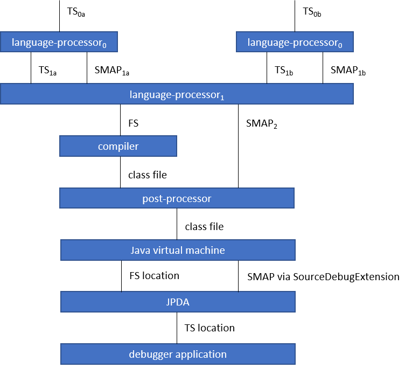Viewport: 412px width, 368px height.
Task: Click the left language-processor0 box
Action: [59, 42]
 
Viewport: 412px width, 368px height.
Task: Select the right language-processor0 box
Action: [295, 42]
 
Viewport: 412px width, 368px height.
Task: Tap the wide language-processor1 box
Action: [177, 94]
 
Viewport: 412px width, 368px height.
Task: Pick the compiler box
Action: [118, 146]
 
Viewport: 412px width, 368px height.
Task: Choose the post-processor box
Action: [177, 198]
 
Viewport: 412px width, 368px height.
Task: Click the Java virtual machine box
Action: [178, 250]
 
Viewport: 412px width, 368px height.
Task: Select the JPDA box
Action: [178, 302]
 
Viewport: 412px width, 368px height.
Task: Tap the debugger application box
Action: [178, 354]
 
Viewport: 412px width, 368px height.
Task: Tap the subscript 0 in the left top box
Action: [104, 45]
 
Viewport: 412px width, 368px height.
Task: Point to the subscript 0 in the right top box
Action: [340, 45]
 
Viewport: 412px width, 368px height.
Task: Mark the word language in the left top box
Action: [32, 43]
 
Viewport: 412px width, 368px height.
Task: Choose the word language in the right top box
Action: [268, 43]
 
